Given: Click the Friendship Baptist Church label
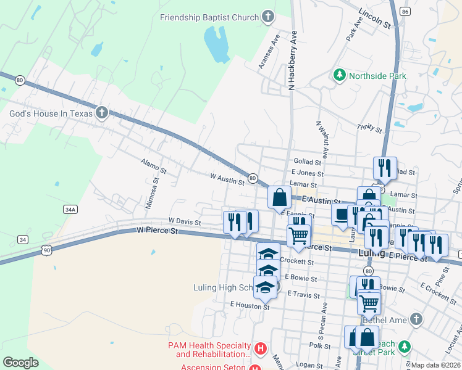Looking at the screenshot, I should click(209, 17).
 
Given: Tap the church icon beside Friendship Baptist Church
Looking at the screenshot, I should click(267, 17).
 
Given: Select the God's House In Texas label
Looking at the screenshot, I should click(50, 113).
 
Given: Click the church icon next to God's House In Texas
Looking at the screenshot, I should click(102, 112).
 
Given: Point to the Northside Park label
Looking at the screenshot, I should click(377, 76).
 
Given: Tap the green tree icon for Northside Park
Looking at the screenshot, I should click(339, 76).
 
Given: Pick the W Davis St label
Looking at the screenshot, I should click(185, 221).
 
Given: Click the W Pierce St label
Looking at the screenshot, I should click(157, 231).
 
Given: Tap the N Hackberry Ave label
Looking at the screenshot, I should click(294, 62).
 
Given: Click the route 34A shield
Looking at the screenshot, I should click(70, 210).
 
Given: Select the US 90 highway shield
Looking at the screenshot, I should click(46, 249).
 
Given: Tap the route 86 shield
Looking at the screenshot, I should click(405, 12).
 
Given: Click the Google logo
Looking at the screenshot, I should click(21, 362).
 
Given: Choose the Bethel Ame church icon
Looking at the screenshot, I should click(416, 318).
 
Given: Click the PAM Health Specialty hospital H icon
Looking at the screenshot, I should click(260, 349).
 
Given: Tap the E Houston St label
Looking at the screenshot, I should click(250, 305).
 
